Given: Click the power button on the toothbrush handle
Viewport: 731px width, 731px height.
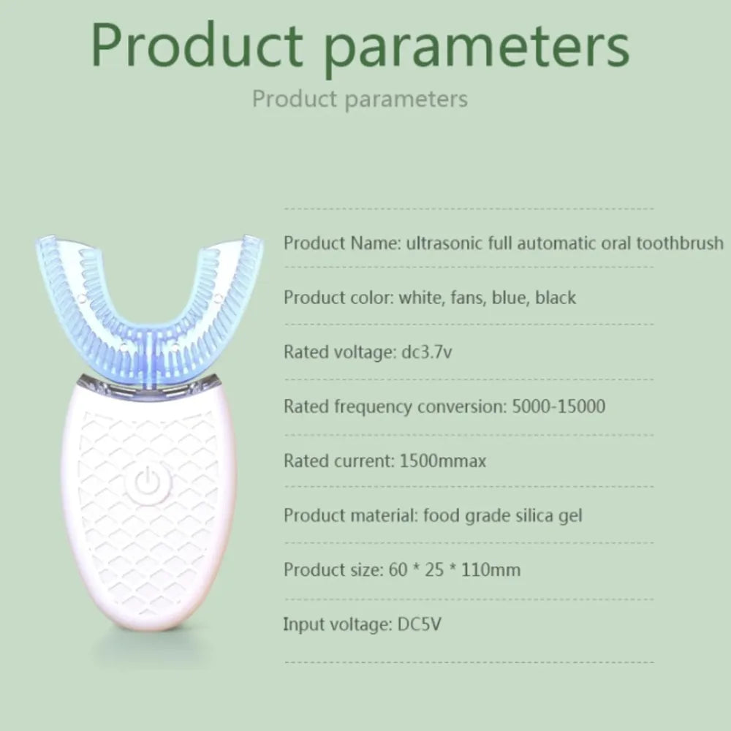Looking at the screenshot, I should point(148,483).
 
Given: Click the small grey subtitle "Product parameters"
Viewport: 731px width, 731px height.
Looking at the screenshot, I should point(360,99).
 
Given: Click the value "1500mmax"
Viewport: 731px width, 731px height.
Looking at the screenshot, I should point(443,461).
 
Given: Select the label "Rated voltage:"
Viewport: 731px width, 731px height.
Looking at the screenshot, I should point(336,352).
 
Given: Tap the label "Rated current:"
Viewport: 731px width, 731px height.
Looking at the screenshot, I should point(338,461).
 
